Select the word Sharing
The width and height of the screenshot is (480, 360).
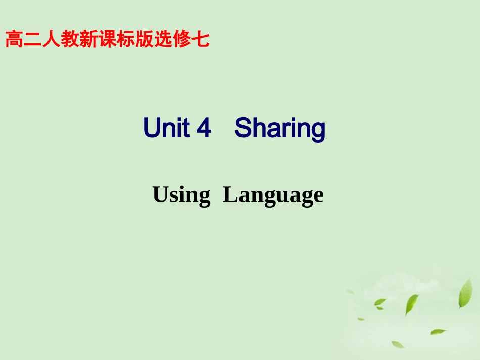(x=280, y=129)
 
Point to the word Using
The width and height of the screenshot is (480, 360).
(x=181, y=195)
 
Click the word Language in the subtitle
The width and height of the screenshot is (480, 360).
(x=273, y=195)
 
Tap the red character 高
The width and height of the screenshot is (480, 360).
(x=14, y=39)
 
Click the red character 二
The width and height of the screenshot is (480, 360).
(x=32, y=39)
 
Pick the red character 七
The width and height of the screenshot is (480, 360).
(x=201, y=39)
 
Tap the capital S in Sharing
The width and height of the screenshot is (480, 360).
(x=244, y=128)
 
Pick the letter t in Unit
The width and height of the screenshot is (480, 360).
(x=190, y=128)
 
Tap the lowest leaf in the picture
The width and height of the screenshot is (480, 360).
(x=398, y=344)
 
